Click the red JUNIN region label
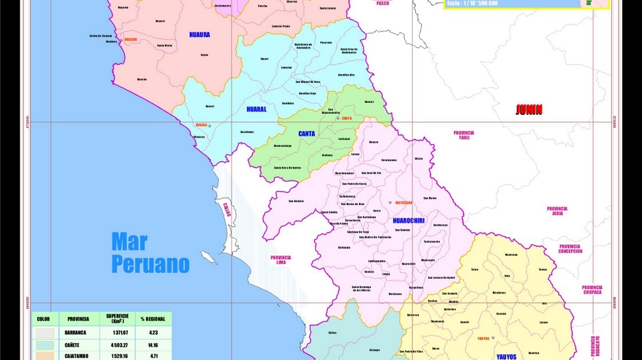(x=529, y=110)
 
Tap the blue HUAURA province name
(x=199, y=35)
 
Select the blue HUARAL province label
(x=256, y=109)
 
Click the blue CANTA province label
(x=307, y=134)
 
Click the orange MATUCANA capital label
(x=403, y=202)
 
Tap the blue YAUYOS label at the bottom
(x=506, y=357)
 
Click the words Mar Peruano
(x=150, y=253)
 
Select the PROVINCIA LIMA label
(x=280, y=260)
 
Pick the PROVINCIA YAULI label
(x=464, y=135)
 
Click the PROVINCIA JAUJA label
(x=557, y=211)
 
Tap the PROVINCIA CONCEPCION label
(x=570, y=249)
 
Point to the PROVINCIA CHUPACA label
(x=592, y=290)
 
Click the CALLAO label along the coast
(x=227, y=209)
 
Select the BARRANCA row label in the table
(x=75, y=333)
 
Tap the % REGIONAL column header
(x=153, y=319)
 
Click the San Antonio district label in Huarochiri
(x=296, y=201)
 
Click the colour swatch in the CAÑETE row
(x=45, y=345)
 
